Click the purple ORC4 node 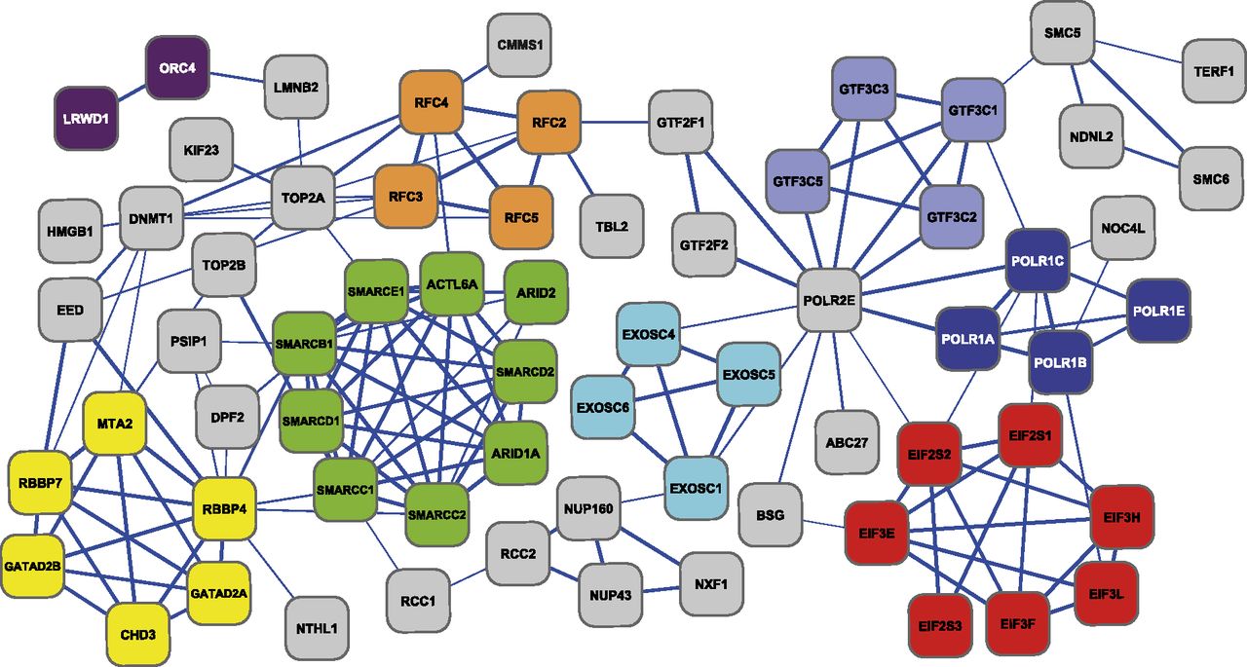pyautogui.click(x=176, y=68)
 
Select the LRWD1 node pyautogui.click(x=86, y=119)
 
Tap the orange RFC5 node pyautogui.click(x=521, y=216)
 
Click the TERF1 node pyautogui.click(x=1214, y=71)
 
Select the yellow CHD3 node pyautogui.click(x=137, y=634)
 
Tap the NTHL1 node pyautogui.click(x=317, y=628)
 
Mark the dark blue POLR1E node pyautogui.click(x=1158, y=311)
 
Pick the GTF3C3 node pyautogui.click(x=863, y=89)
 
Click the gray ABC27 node pyautogui.click(x=845, y=440)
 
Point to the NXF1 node pyautogui.click(x=711, y=583)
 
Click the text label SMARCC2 pyautogui.click(x=437, y=513)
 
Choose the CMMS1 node pyautogui.click(x=518, y=45)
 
